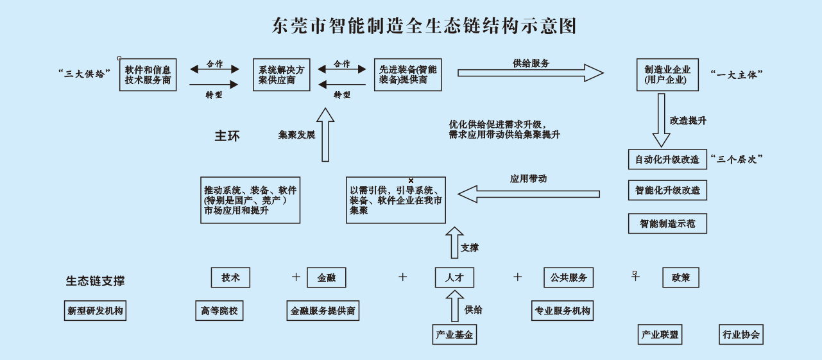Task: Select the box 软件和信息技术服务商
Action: pos(148,74)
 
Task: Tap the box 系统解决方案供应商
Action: pos(282,74)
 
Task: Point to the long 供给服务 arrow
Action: pos(530,73)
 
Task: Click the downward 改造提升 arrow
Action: pos(661,122)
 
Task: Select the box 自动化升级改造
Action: pos(667,159)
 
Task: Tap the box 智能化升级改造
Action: pos(667,191)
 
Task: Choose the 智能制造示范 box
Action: pos(667,223)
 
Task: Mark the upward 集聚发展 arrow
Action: pos(325,135)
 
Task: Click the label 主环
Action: pos(227,136)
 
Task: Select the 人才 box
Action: pos(454,278)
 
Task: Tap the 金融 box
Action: pos(327,278)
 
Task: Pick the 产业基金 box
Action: pos(454,334)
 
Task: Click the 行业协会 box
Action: pos(741,334)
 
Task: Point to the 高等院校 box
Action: pos(219,311)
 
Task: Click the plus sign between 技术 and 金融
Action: pos(296,277)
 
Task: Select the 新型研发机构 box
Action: pos(95,311)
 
